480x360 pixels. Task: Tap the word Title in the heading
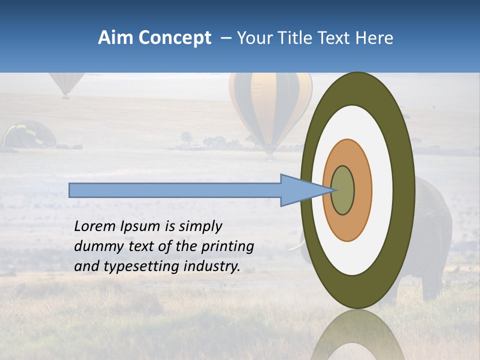click(297, 38)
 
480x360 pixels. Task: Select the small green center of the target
click(343, 190)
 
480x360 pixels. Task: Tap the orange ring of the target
click(362, 190)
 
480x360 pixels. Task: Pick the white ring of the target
click(382, 190)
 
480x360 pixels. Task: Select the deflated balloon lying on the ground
click(29, 135)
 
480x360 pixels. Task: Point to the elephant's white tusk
click(296, 245)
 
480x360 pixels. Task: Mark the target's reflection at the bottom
click(357, 337)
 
